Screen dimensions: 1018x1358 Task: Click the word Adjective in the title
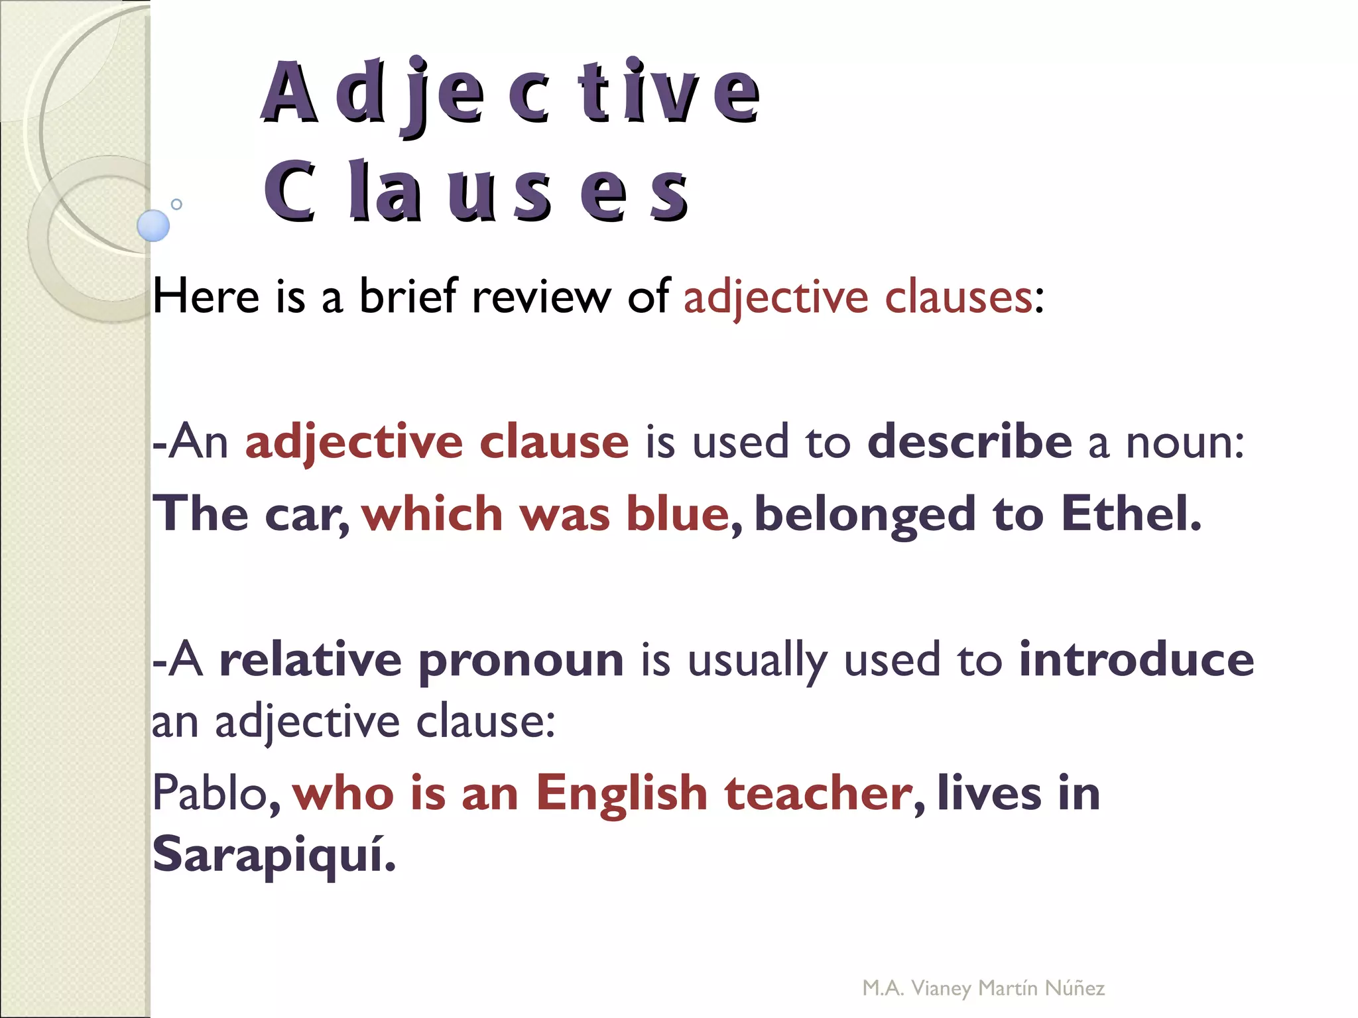pos(511,93)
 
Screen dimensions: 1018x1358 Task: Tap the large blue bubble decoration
pos(153,225)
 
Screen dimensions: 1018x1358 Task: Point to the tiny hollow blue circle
pos(176,204)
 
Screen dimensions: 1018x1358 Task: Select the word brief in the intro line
pos(408,296)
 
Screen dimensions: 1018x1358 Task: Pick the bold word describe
pos(969,442)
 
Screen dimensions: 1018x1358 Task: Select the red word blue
pos(678,514)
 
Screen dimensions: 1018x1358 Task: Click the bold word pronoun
pos(521,661)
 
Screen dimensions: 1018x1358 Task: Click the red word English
pos(622,794)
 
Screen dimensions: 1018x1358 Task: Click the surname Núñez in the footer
pos(1074,988)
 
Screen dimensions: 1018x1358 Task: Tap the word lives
pos(989,793)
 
